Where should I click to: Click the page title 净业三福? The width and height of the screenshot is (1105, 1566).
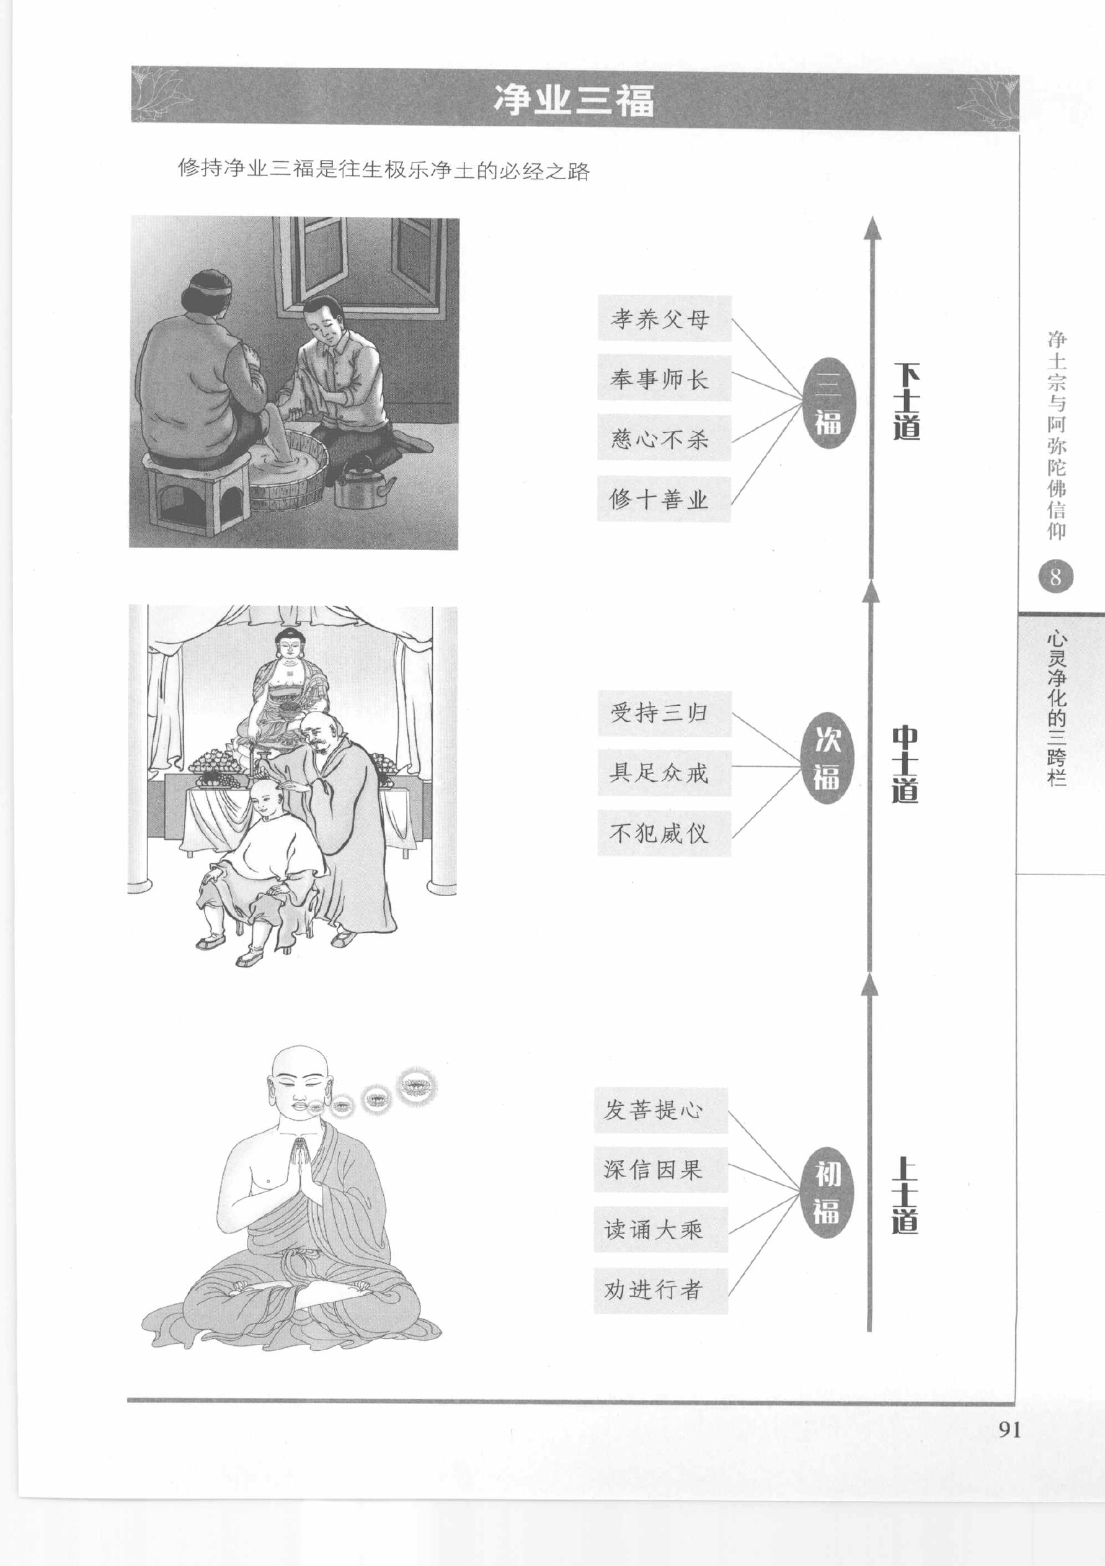[574, 100]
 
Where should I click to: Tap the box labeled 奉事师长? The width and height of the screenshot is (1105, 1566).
[664, 378]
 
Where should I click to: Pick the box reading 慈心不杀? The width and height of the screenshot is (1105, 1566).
[664, 438]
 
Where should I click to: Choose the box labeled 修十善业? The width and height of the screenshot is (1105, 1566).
[664, 499]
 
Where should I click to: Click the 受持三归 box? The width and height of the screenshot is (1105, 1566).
[664, 713]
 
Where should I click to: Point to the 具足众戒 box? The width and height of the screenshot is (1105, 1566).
[664, 773]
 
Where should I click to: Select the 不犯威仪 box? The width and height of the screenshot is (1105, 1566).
[664, 834]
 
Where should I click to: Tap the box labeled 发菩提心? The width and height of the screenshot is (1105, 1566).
[661, 1110]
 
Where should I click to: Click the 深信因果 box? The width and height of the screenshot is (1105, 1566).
[661, 1170]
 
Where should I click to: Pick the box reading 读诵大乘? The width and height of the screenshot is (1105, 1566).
[661, 1230]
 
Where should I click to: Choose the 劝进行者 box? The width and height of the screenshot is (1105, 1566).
[661, 1291]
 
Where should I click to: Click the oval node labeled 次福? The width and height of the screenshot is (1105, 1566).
[827, 758]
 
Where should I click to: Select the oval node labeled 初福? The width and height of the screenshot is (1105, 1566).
[827, 1192]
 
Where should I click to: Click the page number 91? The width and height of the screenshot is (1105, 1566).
[1010, 1430]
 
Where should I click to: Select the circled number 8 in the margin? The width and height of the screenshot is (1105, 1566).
[1055, 577]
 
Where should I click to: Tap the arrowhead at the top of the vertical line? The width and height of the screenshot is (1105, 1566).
[872, 228]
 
